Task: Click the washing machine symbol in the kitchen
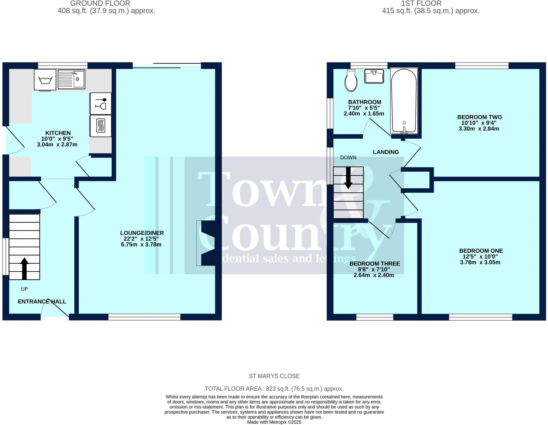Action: click(45, 79)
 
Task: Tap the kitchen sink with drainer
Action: click(71, 79)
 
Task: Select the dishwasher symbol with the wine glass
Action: click(101, 103)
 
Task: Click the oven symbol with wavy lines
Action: click(101, 126)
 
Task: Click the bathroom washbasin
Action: click(374, 76)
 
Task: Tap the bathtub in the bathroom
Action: click(404, 101)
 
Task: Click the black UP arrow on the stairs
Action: click(24, 268)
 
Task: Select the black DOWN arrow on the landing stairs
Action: click(348, 178)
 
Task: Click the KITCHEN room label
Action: click(58, 133)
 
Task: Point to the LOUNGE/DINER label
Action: click(142, 233)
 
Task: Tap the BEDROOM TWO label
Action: click(479, 117)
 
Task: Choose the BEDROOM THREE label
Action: click(375, 264)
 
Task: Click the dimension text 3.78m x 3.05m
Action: click(480, 262)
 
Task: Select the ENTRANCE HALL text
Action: click(42, 302)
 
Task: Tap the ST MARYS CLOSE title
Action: click(274, 376)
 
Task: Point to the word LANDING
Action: click(386, 152)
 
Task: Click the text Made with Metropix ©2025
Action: click(274, 422)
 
